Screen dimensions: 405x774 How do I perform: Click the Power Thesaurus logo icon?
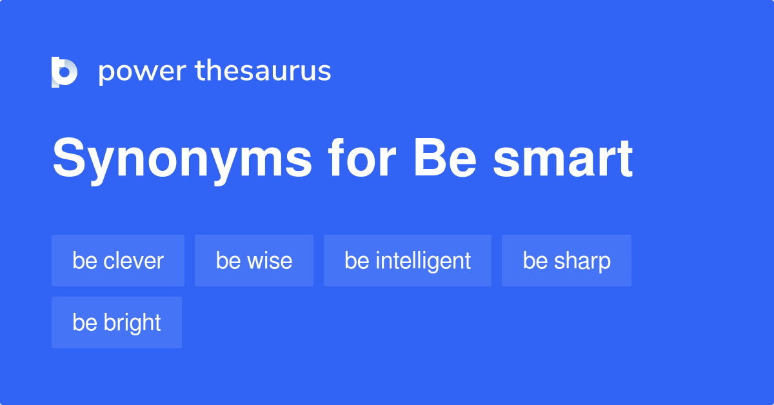pyautogui.click(x=64, y=72)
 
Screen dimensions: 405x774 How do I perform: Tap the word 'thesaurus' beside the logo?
pyautogui.click(x=263, y=71)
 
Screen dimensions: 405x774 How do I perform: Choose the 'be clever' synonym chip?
pyautogui.click(x=118, y=261)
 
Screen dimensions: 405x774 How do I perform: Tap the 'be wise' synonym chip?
pyautogui.click(x=254, y=261)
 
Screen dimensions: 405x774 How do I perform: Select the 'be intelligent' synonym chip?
pyautogui.click(x=408, y=261)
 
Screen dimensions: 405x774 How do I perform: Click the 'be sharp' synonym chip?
pyautogui.click(x=566, y=261)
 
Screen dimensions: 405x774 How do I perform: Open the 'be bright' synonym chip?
pyautogui.click(x=117, y=322)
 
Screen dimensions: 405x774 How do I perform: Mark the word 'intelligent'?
pyautogui.click(x=423, y=261)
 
